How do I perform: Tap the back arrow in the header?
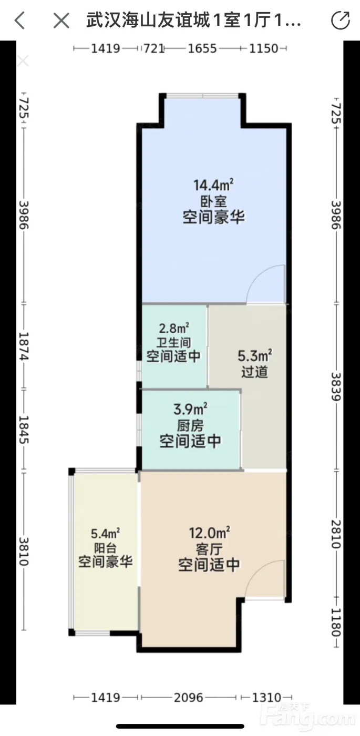(20, 21)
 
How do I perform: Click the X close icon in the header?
(61, 21)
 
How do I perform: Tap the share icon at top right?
(341, 20)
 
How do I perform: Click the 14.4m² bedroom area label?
(213, 185)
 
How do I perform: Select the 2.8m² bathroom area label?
(174, 328)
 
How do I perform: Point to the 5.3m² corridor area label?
(255, 355)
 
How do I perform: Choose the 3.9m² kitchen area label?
(190, 410)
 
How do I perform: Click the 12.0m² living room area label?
(210, 533)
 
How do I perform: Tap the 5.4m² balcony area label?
(105, 533)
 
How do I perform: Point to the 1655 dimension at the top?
(202, 48)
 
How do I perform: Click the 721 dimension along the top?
(154, 48)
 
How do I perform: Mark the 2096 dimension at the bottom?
(189, 697)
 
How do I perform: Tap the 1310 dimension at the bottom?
(266, 697)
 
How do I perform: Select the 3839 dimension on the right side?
(336, 386)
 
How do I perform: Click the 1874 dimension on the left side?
(24, 346)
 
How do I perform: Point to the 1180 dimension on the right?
(336, 622)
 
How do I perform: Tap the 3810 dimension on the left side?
(24, 551)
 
